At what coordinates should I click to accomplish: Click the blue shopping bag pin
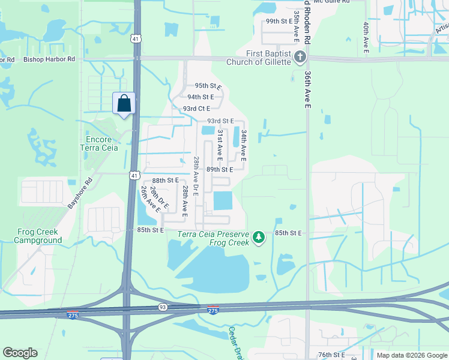click(x=124, y=103)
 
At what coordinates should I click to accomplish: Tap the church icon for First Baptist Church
click(x=300, y=57)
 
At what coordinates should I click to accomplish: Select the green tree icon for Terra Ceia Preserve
click(x=259, y=238)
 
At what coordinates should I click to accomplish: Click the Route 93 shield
click(x=163, y=307)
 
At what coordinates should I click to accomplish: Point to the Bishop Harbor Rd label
click(x=49, y=59)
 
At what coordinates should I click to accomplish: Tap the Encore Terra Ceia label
click(x=99, y=143)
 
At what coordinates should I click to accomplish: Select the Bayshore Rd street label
click(x=80, y=193)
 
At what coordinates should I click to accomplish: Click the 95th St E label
click(x=207, y=86)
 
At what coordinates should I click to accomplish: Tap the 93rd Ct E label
click(x=196, y=109)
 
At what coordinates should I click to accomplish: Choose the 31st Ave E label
click(x=220, y=145)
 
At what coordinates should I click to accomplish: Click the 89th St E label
click(x=220, y=170)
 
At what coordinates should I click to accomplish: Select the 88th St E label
click(x=166, y=180)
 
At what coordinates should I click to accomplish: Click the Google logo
click(x=20, y=353)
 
